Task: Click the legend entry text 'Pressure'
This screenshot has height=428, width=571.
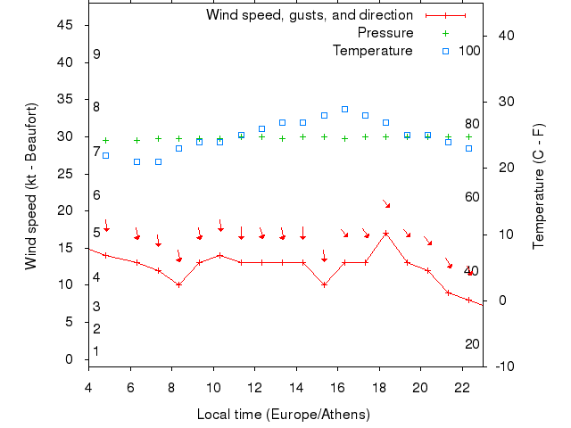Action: [385, 33]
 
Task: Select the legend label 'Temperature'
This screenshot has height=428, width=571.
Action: [372, 51]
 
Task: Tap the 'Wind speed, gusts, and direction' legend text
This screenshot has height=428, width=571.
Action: [309, 15]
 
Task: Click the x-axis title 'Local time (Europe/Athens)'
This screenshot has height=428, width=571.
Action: [283, 415]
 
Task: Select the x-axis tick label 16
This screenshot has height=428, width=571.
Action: [338, 387]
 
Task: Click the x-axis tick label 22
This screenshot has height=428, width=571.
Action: [462, 387]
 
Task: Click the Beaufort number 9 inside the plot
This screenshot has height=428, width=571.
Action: [96, 54]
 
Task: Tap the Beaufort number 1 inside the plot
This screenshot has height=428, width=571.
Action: [96, 351]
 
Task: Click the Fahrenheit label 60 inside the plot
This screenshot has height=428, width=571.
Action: [472, 197]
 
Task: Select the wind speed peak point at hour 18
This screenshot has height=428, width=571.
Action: [385, 234]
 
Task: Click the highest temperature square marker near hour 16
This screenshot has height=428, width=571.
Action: [344, 109]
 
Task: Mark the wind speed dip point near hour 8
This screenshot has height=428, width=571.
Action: [178, 285]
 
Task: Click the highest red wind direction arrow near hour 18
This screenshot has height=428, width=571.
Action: [386, 204]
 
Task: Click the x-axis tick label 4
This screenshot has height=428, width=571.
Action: [88, 387]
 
